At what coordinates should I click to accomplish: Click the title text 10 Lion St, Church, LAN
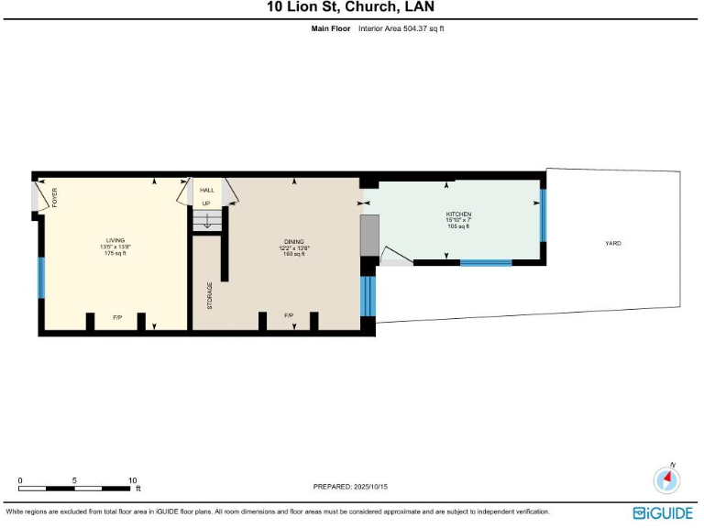pyautogui.click(x=351, y=8)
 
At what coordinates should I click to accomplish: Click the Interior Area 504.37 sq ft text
pyautogui.click(x=401, y=28)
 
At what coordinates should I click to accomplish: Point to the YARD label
pyautogui.click(x=612, y=243)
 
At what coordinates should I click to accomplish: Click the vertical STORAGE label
pyautogui.click(x=210, y=295)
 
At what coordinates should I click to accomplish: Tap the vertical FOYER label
pyautogui.click(x=54, y=197)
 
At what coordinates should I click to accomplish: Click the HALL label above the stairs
pyautogui.click(x=206, y=191)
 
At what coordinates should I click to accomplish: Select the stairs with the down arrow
pyautogui.click(x=207, y=221)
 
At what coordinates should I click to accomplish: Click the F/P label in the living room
pyautogui.click(x=117, y=317)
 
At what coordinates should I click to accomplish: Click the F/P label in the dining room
pyautogui.click(x=289, y=315)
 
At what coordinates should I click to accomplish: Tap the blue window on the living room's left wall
pyautogui.click(x=40, y=278)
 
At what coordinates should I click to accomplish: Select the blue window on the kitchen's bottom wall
pyautogui.click(x=485, y=263)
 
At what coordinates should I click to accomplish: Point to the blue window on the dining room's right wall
pyautogui.click(x=368, y=295)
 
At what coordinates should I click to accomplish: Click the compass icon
pyautogui.click(x=666, y=478)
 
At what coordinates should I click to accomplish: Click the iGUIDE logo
pyautogui.click(x=662, y=513)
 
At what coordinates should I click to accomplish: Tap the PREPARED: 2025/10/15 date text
pyautogui.click(x=351, y=487)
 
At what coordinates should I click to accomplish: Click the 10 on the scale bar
pyautogui.click(x=132, y=480)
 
